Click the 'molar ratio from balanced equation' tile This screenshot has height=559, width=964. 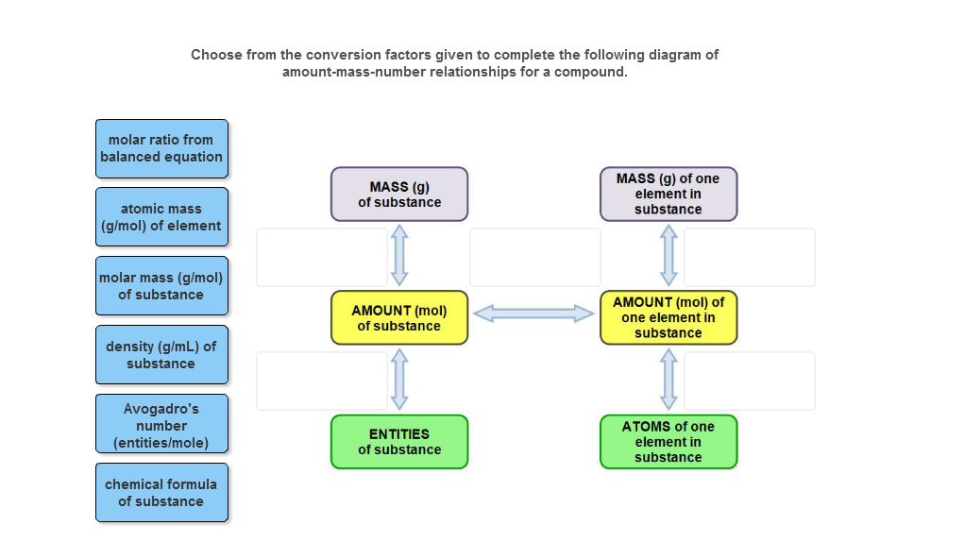tap(161, 148)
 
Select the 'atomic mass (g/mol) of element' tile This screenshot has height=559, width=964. tap(161, 217)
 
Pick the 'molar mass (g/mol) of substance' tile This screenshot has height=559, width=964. tap(161, 286)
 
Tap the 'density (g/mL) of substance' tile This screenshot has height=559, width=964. tap(161, 355)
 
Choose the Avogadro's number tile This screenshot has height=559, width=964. tap(161, 425)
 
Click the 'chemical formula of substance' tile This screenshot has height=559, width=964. tap(161, 492)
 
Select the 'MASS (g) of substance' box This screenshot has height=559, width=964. tap(399, 195)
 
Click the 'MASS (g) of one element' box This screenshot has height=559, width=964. tap(668, 195)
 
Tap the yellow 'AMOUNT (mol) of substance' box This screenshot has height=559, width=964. tap(399, 318)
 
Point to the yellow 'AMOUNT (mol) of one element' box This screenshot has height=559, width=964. tap(668, 317)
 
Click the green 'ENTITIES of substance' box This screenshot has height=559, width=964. tap(399, 442)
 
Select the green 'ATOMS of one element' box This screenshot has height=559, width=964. tap(668, 442)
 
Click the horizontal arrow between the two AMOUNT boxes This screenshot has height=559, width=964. tap(533, 313)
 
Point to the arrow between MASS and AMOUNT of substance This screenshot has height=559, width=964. tap(399, 256)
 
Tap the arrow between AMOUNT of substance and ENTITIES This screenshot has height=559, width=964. tap(399, 380)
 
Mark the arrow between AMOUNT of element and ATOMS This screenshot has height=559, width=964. tap(668, 380)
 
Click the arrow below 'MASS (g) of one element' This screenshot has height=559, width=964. tap(668, 256)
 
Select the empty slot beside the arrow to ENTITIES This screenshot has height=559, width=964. tap(322, 381)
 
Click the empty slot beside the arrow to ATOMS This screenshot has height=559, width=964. tap(750, 381)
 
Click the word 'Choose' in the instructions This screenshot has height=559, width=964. tap(216, 55)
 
